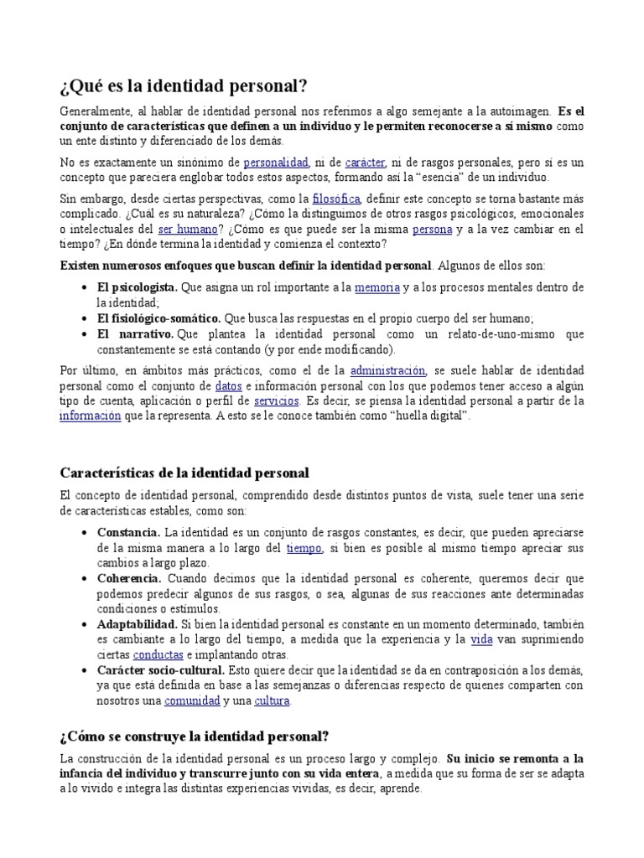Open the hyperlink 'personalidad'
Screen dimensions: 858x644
pos(276,162)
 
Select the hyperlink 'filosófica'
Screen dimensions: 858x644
pos(335,199)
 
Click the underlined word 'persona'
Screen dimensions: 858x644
pos(432,229)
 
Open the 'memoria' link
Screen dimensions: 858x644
pos(377,287)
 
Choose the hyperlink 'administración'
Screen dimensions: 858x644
pos(387,370)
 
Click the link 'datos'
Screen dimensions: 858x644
pos(229,385)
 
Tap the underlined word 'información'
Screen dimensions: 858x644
pos(90,416)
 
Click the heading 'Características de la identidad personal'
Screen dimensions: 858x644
pos(184,473)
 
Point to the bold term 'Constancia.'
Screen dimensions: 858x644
pos(128,533)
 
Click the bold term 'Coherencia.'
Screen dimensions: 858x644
pos(130,579)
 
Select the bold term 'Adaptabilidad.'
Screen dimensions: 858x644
pos(137,624)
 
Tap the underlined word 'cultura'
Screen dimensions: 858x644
pos(272,700)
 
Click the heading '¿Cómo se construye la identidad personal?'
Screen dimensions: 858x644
pos(195,737)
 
